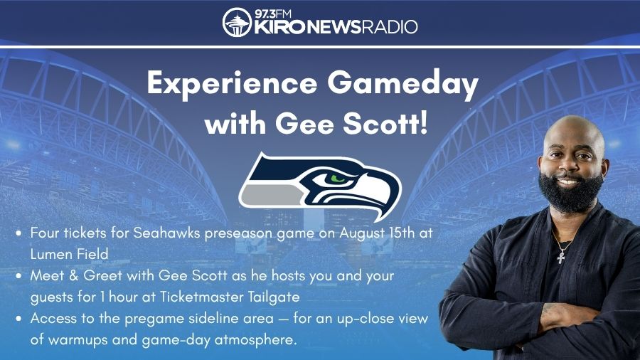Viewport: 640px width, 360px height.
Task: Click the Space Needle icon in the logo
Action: (237, 22)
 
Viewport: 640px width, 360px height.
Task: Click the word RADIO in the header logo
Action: (390, 27)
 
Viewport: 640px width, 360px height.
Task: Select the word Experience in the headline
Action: (233, 85)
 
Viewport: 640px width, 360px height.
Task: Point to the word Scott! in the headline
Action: (385, 124)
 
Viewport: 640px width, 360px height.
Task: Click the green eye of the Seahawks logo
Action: (338, 179)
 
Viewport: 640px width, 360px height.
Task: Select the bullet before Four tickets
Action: (18, 233)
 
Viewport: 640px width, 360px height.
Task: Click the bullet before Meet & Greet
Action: (18, 276)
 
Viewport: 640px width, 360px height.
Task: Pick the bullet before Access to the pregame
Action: (18, 318)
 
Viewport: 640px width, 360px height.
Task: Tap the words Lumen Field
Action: (70, 254)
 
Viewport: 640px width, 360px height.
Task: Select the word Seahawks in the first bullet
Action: (167, 233)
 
